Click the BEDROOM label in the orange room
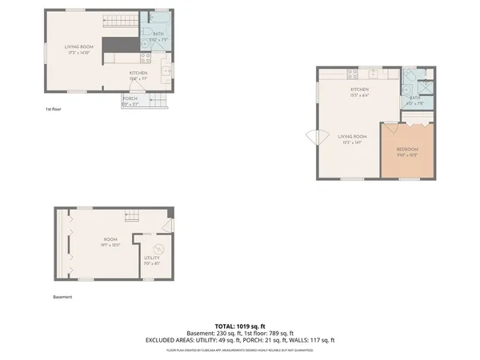408,149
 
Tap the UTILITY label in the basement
151,258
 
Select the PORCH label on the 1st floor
130,98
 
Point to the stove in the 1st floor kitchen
146,58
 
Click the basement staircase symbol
133,214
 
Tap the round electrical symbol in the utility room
158,247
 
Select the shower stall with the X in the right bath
426,87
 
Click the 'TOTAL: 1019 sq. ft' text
240,326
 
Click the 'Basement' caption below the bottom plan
62,297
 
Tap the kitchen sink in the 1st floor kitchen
166,70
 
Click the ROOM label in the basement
109,240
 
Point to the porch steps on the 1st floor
158,102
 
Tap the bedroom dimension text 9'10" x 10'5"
408,155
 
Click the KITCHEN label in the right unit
358,89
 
